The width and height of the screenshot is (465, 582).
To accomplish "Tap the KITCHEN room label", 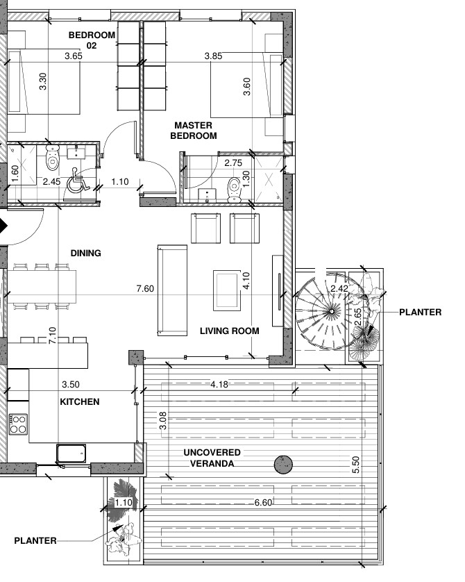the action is pos(80,401).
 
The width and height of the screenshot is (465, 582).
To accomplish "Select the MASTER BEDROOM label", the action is pos(194,131).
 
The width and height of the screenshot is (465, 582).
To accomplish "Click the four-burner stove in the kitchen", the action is pos(18,424).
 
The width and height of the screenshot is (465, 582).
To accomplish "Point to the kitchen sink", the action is pos(71,454).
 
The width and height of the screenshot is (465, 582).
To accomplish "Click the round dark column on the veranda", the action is pos(283,465).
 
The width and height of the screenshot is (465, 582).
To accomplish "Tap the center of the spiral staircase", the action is pos(331,311).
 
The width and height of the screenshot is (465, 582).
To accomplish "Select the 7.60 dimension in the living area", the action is pos(145,288).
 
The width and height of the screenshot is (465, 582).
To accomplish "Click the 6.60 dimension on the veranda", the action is pos(263,503).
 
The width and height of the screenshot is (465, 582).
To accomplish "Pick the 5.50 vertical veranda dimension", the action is pos(355,465).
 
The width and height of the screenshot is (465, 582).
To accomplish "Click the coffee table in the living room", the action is pos(227,290).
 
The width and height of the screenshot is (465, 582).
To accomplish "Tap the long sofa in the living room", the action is pos(172,290).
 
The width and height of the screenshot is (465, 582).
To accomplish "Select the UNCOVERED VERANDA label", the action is pos(212,458).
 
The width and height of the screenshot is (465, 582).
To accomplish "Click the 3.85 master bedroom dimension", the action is pos(213,56).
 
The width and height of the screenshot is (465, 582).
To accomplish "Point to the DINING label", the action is pos(85,253).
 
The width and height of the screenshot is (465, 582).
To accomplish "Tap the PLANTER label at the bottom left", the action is pos(35,541).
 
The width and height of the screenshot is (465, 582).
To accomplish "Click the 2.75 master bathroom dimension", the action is pos(233,163).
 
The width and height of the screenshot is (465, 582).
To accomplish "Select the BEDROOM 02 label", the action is pos(92,40).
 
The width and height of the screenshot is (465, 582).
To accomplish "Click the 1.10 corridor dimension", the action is pos(120,181).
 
